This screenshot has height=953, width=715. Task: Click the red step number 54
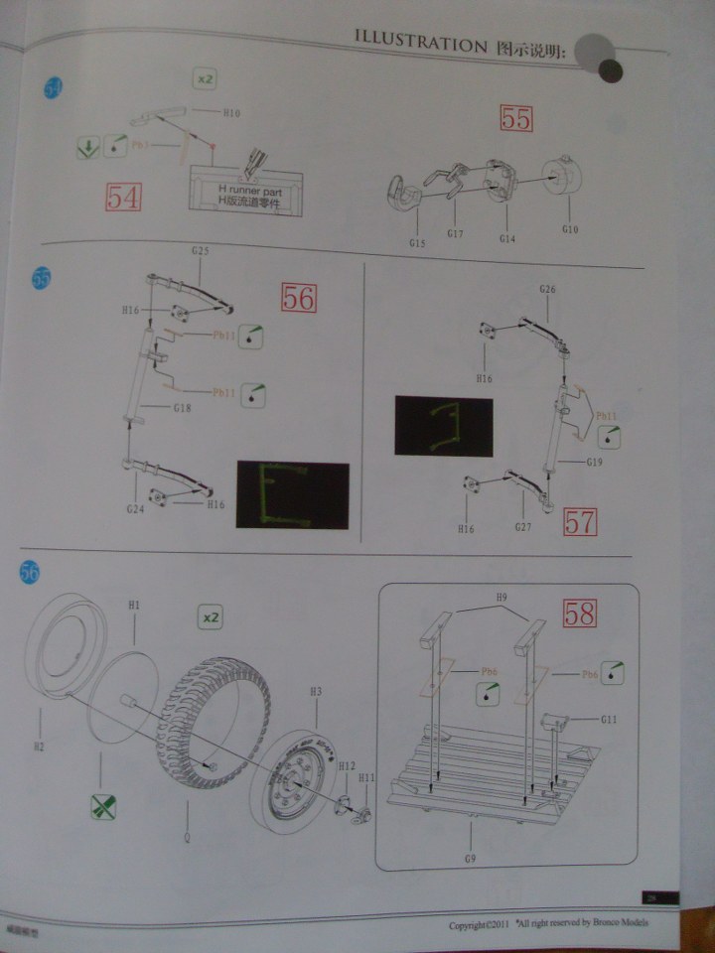point(123,197)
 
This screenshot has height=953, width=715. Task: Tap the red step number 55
point(516,120)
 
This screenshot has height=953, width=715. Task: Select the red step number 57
point(579,521)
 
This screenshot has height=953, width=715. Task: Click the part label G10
point(569,229)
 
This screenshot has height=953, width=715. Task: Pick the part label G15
point(416,242)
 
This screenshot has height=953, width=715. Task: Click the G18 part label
point(183,408)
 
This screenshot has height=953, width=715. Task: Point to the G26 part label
point(547,289)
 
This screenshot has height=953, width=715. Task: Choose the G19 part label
point(594,463)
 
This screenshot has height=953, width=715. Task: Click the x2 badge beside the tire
point(210,616)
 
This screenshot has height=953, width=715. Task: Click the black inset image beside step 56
point(292,493)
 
